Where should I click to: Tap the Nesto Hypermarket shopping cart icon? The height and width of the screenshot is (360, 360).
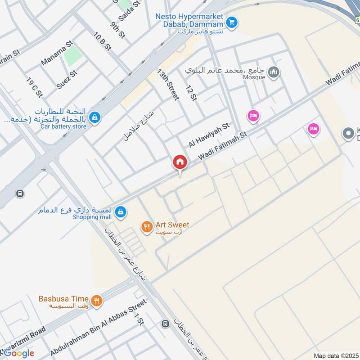click(232, 22)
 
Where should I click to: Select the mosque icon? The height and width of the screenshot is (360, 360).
click(273, 72)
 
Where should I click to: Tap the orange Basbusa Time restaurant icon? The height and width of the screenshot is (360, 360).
click(96, 301)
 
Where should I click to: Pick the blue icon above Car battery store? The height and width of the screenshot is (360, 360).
click(94, 118)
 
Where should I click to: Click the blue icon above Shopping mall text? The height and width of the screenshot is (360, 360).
click(120, 211)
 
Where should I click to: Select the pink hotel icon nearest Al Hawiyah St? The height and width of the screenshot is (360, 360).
click(253, 116)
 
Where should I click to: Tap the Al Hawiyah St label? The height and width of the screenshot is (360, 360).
click(209, 135)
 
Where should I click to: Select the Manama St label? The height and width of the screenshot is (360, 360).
click(56, 53)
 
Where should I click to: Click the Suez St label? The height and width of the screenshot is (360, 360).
click(67, 79)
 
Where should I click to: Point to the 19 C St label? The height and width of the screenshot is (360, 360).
click(34, 88)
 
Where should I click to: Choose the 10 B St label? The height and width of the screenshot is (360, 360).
click(102, 41)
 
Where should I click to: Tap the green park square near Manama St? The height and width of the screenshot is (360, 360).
click(73, 56)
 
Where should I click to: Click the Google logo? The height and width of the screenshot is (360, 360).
click(18, 353)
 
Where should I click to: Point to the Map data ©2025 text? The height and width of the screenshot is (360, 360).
click(335, 355)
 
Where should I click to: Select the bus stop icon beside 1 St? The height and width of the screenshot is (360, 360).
click(165, 324)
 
